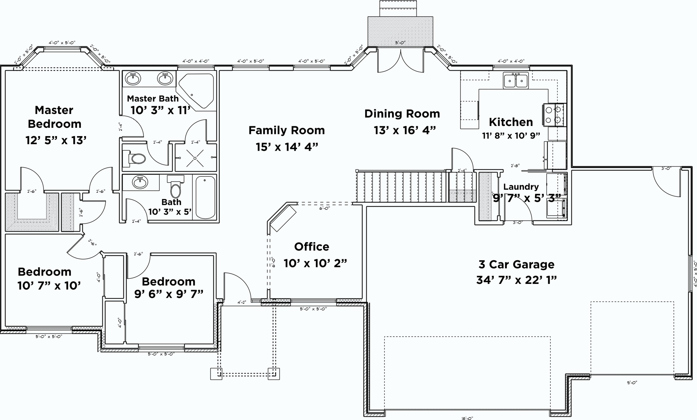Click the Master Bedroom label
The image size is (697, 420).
pyautogui.click(x=54, y=117)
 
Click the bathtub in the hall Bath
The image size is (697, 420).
pyautogui.click(x=205, y=197)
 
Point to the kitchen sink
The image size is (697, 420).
pyautogui.click(x=515, y=80)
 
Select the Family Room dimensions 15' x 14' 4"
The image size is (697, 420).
pyautogui.click(x=287, y=147)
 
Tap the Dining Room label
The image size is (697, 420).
pyautogui.click(x=402, y=114)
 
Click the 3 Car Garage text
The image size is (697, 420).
pyautogui.click(x=516, y=264)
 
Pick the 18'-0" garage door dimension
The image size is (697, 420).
pyautogui.click(x=467, y=418)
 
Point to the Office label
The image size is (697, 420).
pyautogui.click(x=311, y=246)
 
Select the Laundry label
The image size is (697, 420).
pyautogui.click(x=521, y=187)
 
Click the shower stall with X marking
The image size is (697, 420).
pyautogui.click(x=195, y=158)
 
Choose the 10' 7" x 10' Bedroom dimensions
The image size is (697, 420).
pyautogui.click(x=49, y=286)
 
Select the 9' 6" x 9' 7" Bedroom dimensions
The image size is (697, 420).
pyautogui.click(x=168, y=294)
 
